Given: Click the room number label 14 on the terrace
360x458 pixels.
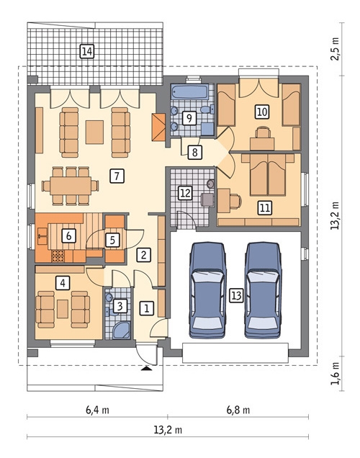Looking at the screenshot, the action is coord(87,51).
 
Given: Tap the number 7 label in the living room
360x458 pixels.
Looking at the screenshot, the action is coord(117,176).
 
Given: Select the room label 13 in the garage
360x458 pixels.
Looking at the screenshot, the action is coord(236,295).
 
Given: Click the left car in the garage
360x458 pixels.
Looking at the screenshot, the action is coord(207,290).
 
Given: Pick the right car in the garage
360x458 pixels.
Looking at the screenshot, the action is coord(263,290).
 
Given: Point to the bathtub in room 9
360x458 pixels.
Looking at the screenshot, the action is coord(190,91).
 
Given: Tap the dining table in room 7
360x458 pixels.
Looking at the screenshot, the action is coord(71,186).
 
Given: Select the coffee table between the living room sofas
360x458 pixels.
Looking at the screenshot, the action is coord(94,132).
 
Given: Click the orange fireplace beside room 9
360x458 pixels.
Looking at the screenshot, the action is coord(158,127).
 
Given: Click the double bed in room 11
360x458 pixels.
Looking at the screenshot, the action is coord(268,174).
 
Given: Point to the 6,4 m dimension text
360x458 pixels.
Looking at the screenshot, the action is coord(97,410).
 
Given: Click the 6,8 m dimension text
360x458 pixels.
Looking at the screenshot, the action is coord(238,410).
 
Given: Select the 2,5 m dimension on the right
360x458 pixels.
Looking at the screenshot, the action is coord(336,49).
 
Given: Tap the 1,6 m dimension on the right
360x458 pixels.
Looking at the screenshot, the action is coord(336,374).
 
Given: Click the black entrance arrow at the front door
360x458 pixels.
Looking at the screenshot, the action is coord(146,369).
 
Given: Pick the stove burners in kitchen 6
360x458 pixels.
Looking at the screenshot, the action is coord(58,256).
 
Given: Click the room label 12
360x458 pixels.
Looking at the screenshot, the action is coord(186,193).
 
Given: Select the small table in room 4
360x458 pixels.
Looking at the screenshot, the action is coord(63,309).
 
